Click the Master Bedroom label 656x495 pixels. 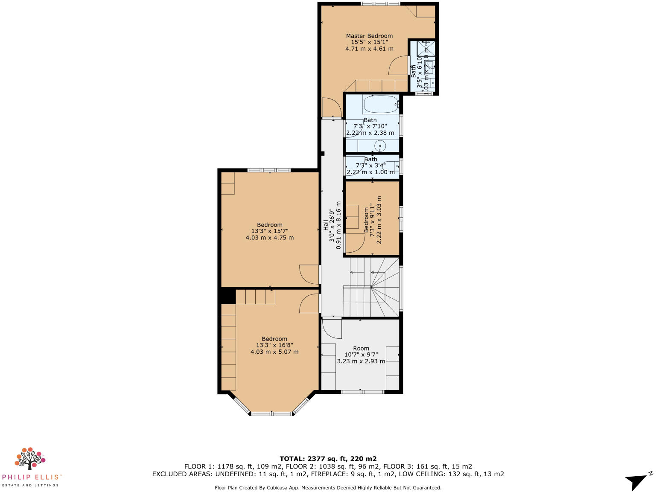(369, 36)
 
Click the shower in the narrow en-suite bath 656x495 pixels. (426, 48)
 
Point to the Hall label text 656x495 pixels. (326, 225)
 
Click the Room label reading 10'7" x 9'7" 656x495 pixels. (361, 349)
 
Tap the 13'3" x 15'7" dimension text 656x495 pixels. (269, 231)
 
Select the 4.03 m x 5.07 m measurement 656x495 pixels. (274, 352)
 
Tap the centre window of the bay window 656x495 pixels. (272, 413)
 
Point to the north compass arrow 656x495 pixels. (637, 481)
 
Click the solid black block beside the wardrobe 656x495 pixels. (227, 296)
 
